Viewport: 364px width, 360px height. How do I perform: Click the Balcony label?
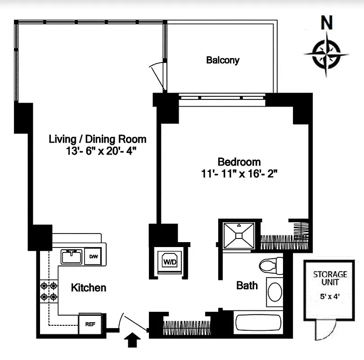222,60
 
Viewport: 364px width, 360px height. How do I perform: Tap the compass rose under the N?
327,54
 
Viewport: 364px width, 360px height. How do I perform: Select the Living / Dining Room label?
98,139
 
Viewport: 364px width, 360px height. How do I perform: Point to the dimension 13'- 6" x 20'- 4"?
100,151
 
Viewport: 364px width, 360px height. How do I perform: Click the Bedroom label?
239,162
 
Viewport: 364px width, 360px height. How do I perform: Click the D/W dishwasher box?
94,256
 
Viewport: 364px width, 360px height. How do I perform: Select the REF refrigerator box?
90,324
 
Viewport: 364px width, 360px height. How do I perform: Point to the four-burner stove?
49,291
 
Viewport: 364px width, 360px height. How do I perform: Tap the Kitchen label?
89,288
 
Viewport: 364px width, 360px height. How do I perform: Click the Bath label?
247,285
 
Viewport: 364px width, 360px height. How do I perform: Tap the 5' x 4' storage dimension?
330,297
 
